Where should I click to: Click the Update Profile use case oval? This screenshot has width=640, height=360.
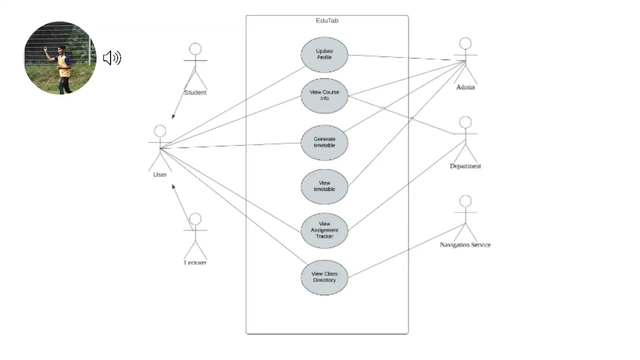pyautogui.click(x=324, y=54)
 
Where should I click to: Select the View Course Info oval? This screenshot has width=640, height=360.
pyautogui.click(x=324, y=95)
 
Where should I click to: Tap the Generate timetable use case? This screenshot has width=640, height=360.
pyautogui.click(x=324, y=142)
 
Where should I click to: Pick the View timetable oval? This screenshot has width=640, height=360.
pyautogui.click(x=324, y=186)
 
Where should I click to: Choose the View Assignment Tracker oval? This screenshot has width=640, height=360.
pyautogui.click(x=324, y=230)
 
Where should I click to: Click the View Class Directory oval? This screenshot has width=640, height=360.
pyautogui.click(x=324, y=277)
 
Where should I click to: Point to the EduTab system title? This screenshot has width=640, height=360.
pyautogui.click(x=327, y=20)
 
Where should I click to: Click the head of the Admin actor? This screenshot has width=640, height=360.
pyautogui.click(x=465, y=43)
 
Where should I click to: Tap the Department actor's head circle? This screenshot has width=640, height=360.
pyautogui.click(x=465, y=122)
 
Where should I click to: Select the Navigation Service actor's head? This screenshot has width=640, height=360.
pyautogui.click(x=465, y=201)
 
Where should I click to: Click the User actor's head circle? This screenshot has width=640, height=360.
pyautogui.click(x=160, y=131)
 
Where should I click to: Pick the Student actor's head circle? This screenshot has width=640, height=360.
pyautogui.click(x=195, y=49)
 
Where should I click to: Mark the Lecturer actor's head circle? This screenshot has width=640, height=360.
pyautogui.click(x=195, y=219)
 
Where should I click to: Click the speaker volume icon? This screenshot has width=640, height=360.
pyautogui.click(x=112, y=58)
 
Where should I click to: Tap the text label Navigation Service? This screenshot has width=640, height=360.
pyautogui.click(x=465, y=245)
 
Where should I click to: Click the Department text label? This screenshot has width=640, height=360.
pyautogui.click(x=465, y=166)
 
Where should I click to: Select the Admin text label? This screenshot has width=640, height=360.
pyautogui.click(x=465, y=87)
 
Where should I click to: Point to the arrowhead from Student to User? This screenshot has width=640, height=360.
pyautogui.click(x=173, y=116)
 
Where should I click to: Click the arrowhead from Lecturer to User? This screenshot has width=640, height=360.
pyautogui.click(x=173, y=186)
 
